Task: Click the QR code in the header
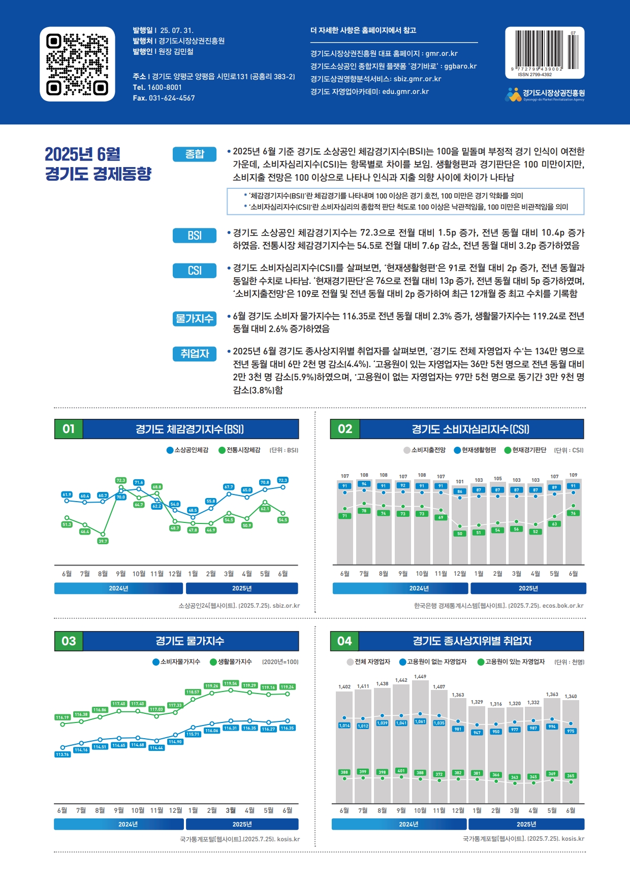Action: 77,64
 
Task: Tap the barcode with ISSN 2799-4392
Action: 544,50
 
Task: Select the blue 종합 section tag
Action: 195,154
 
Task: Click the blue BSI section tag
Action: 195,236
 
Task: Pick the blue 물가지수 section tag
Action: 195,319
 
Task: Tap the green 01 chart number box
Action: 69,429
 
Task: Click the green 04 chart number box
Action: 344,641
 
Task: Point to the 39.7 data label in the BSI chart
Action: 103,541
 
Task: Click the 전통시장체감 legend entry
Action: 239,450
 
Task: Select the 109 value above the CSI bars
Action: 573,475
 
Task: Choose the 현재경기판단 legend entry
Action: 525,450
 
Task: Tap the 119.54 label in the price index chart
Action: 231,683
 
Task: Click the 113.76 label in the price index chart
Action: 62,754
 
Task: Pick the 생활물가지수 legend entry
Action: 231,662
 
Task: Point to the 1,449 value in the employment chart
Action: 420,677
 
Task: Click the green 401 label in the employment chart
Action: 401,771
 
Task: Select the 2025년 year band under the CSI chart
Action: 528,588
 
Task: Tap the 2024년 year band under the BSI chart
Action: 118,588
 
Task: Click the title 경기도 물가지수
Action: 190,641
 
